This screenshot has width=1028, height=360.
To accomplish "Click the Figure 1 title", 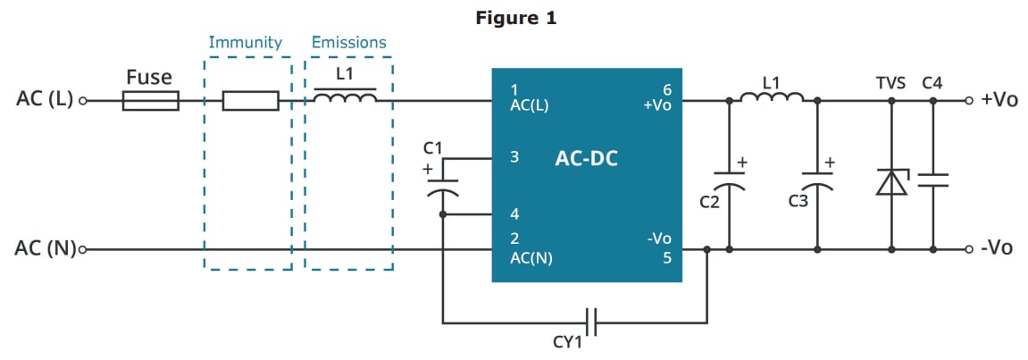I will pos(515,18).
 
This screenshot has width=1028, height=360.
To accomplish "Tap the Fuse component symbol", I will pos(150,101).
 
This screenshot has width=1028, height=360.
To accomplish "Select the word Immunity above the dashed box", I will pos(245,42).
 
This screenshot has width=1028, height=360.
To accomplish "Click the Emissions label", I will pos(348,42).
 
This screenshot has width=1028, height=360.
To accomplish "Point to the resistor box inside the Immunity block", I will pos(250,101).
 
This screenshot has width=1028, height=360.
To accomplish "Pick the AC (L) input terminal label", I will pos(45,99).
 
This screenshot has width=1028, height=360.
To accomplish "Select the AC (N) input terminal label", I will pos(45,248).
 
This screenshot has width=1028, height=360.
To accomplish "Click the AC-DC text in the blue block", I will pos(586,159).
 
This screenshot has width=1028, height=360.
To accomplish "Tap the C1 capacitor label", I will pos(434,147).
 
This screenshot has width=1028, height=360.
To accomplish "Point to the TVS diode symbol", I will pos(890,182).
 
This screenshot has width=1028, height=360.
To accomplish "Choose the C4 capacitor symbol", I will pos(932,181).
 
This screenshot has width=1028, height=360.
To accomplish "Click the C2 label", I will pos(709,202).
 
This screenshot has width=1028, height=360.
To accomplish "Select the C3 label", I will pos(798,202).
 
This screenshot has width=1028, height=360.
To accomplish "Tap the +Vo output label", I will pos(999,99).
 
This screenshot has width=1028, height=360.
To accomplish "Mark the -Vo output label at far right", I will pos(997,247).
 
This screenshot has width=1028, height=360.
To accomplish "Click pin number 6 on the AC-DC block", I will pos(666,89).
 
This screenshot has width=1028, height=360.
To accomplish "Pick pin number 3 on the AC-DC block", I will pos(514,157).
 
